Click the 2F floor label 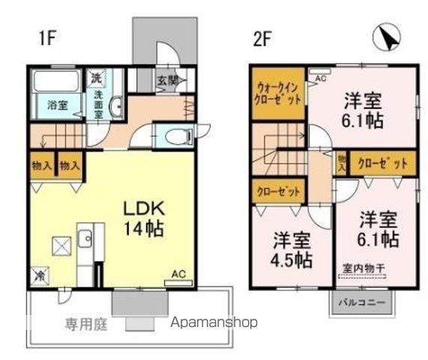262,39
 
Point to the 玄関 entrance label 166,80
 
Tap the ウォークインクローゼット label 278,93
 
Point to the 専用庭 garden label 82,324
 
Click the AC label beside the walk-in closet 320,78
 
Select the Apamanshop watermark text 214,323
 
